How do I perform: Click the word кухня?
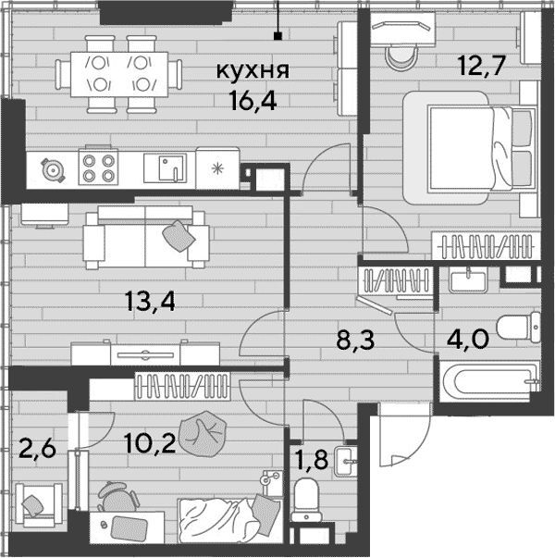click(x=253, y=71)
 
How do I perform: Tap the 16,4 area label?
click(x=253, y=101)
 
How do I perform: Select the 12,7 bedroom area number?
click(x=482, y=67)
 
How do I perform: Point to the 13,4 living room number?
click(x=150, y=302)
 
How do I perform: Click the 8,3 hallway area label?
click(x=355, y=340)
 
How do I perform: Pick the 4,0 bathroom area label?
click(x=468, y=339)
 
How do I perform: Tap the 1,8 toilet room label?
click(x=312, y=459)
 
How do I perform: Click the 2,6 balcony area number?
click(x=37, y=449)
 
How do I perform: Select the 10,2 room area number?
click(x=150, y=444)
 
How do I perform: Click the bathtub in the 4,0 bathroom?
click(x=489, y=381)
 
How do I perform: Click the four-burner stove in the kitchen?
click(x=98, y=166)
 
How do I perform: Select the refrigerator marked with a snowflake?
click(x=217, y=168)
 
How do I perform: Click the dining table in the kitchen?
click(x=119, y=74)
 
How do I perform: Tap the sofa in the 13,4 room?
click(x=146, y=237)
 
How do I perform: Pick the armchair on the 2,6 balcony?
click(x=39, y=504)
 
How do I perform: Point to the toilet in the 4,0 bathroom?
click(x=519, y=327)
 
